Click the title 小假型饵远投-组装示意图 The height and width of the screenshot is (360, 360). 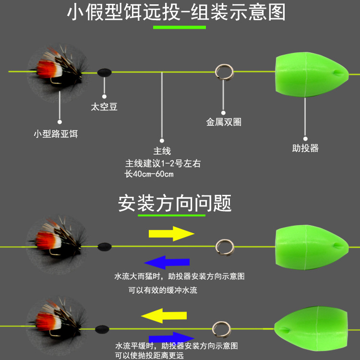176,12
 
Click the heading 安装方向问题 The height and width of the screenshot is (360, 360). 175,203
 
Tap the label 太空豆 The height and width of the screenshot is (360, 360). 104,107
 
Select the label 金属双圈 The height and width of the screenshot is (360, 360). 224,122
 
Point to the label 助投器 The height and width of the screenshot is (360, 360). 305,148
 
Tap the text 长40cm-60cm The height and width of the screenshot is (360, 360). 149,174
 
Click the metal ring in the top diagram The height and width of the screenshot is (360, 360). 223,72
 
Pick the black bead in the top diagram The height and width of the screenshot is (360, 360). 104,72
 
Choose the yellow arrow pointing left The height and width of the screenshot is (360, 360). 164,316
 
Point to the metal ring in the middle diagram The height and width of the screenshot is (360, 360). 223,247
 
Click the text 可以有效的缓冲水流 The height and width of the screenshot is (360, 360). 163,290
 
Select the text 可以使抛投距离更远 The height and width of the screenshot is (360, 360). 149,356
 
